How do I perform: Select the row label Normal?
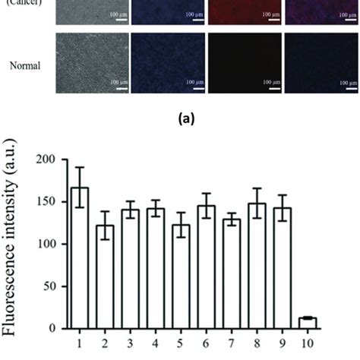click(x=25, y=65)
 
